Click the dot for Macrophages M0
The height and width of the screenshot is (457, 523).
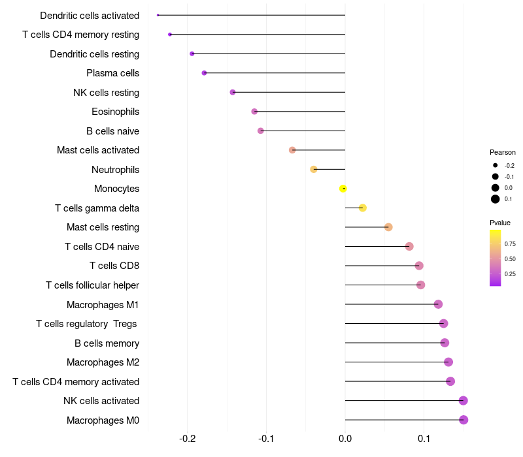click(464, 420)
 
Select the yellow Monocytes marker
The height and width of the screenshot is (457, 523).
click(343, 189)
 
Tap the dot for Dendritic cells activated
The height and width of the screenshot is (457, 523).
click(158, 15)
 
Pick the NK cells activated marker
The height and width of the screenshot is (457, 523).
click(464, 401)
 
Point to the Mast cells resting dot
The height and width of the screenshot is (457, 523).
click(388, 227)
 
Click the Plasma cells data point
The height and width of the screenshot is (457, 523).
click(204, 73)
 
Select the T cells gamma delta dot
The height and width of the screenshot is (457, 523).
click(363, 208)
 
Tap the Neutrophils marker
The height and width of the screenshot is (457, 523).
click(314, 170)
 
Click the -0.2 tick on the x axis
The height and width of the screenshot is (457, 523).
click(188, 439)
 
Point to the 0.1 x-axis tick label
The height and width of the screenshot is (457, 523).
click(424, 439)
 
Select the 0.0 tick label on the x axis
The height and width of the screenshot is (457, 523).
click(345, 439)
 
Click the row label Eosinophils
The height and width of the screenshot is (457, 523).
click(115, 112)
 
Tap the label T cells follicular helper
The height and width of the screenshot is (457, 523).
click(92, 285)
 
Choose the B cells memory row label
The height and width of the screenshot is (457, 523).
click(107, 343)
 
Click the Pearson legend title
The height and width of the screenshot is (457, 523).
click(502, 152)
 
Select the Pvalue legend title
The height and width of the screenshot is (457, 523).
click(500, 223)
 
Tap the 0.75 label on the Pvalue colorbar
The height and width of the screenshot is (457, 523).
click(510, 244)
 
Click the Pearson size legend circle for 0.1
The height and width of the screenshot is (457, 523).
click(496, 199)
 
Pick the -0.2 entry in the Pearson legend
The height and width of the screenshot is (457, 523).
click(509, 166)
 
